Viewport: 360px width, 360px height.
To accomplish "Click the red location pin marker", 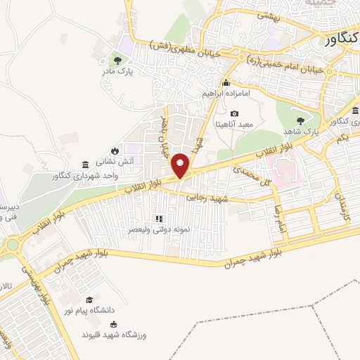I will tap(181, 165).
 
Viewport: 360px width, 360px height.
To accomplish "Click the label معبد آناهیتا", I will tap(235, 125).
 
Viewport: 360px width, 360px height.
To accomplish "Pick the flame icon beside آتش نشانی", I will tap(113, 150).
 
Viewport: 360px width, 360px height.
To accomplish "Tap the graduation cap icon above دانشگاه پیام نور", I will tap(89, 300).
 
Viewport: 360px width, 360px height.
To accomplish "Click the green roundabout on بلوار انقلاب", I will tap(13, 245).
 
